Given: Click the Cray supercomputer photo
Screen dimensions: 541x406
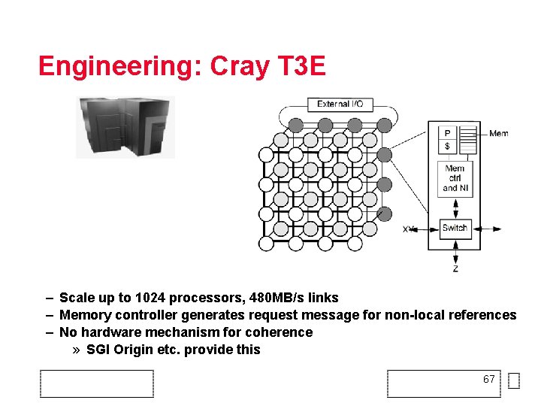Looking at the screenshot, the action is (x=125, y=127).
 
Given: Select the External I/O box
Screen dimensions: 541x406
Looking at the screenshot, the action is (x=340, y=104).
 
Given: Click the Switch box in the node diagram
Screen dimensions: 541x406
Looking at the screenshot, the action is (x=455, y=229).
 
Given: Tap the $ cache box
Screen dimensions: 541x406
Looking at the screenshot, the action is (x=447, y=146).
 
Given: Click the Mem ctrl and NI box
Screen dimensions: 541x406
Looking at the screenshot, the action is (x=455, y=179).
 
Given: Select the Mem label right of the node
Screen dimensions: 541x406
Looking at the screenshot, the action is (x=498, y=134).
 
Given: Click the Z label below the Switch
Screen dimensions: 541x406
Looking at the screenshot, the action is (x=455, y=268).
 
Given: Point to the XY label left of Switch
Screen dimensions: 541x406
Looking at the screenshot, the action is (x=409, y=229).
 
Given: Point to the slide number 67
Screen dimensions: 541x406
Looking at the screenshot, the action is (x=489, y=379).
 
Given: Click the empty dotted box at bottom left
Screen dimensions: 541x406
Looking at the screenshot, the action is (x=97, y=383).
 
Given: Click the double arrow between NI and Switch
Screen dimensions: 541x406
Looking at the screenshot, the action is (x=455, y=208).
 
